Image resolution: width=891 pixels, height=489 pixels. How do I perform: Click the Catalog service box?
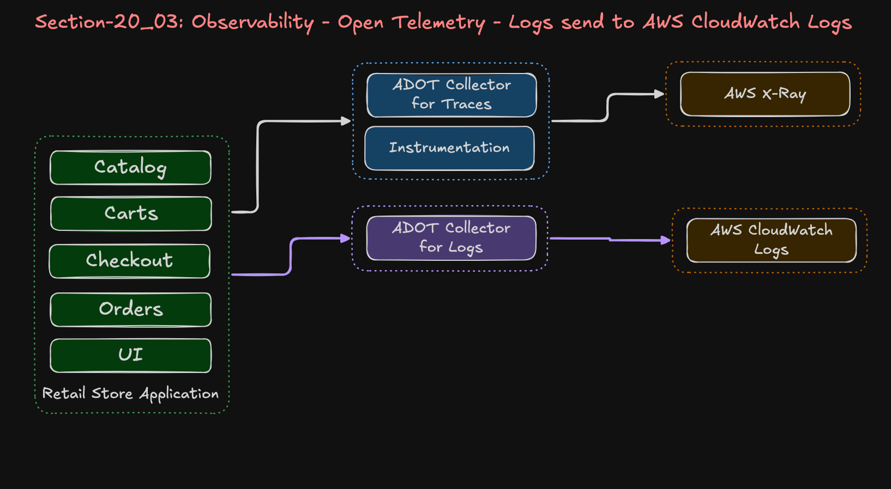[x=130, y=168]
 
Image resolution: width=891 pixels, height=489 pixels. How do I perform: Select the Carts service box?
[x=131, y=213]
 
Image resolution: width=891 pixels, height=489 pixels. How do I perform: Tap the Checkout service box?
[x=130, y=261]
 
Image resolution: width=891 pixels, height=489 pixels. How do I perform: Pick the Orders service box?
[x=131, y=309]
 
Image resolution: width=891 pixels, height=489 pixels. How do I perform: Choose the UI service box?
[x=131, y=355]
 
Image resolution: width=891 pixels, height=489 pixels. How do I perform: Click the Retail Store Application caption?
[x=130, y=393]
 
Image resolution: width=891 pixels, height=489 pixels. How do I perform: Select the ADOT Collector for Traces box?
[x=451, y=95]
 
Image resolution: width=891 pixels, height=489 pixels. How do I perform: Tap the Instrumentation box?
[x=449, y=148]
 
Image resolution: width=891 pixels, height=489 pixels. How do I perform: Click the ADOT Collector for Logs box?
[x=451, y=238]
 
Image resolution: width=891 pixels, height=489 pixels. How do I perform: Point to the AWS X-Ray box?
[x=765, y=94]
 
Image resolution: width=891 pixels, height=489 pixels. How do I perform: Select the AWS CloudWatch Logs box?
[x=771, y=240]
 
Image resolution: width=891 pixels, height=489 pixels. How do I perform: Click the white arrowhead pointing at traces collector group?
[x=346, y=121]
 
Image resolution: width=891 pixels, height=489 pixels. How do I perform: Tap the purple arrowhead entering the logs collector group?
[x=345, y=238]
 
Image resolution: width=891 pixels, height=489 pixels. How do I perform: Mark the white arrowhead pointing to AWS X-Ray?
[x=659, y=94]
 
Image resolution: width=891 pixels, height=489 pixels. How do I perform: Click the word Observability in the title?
[x=252, y=22]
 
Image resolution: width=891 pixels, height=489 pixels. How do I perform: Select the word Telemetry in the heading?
[x=438, y=22]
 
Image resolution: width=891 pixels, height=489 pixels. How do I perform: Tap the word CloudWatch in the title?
[x=745, y=22]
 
